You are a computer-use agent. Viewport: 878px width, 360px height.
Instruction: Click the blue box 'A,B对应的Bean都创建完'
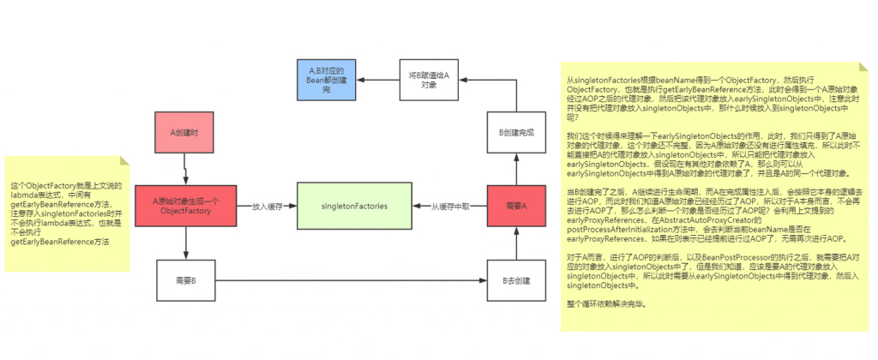click(325, 81)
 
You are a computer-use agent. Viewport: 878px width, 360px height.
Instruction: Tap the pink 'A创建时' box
click(185, 133)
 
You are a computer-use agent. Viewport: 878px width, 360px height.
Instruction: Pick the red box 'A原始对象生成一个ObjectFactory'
click(185, 206)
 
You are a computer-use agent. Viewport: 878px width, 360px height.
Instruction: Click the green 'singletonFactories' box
click(353, 206)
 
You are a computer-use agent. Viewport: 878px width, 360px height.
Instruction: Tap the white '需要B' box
click(185, 280)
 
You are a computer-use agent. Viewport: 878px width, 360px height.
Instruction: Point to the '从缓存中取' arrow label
click(448, 206)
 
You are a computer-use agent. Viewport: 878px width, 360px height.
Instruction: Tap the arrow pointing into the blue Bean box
click(379, 81)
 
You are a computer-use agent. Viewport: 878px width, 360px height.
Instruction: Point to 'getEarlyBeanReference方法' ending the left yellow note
click(60, 243)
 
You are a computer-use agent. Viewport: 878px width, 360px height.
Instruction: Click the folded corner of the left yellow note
click(123, 161)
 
